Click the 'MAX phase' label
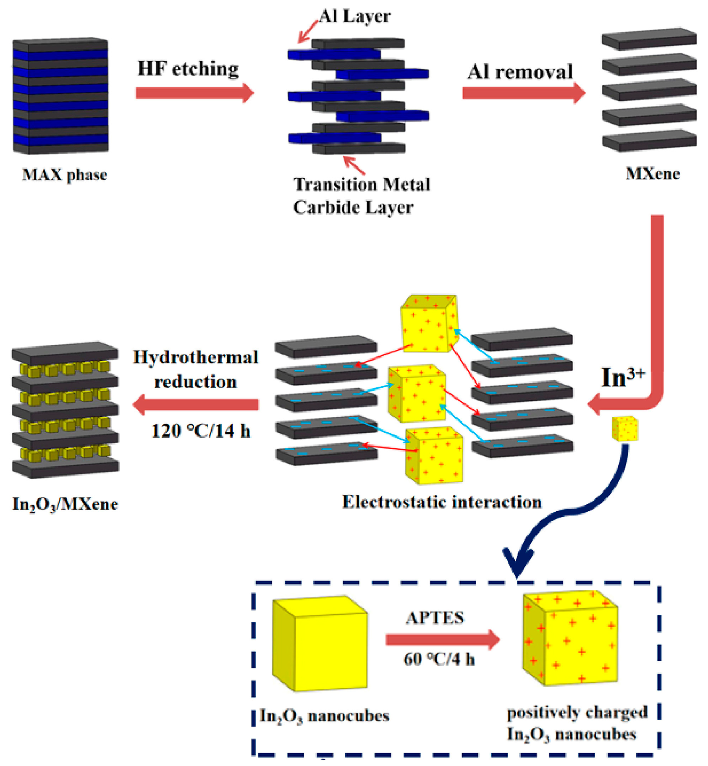click(x=65, y=175)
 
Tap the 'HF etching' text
click(x=188, y=69)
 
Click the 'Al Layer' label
click(x=355, y=16)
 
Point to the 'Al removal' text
click(x=520, y=72)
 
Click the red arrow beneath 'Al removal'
click(x=523, y=93)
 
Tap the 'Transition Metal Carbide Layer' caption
click(x=362, y=196)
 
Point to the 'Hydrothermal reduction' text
click(x=196, y=370)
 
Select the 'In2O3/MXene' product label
click(x=65, y=504)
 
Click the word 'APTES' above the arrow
click(x=435, y=618)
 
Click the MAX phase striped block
click(x=61, y=96)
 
